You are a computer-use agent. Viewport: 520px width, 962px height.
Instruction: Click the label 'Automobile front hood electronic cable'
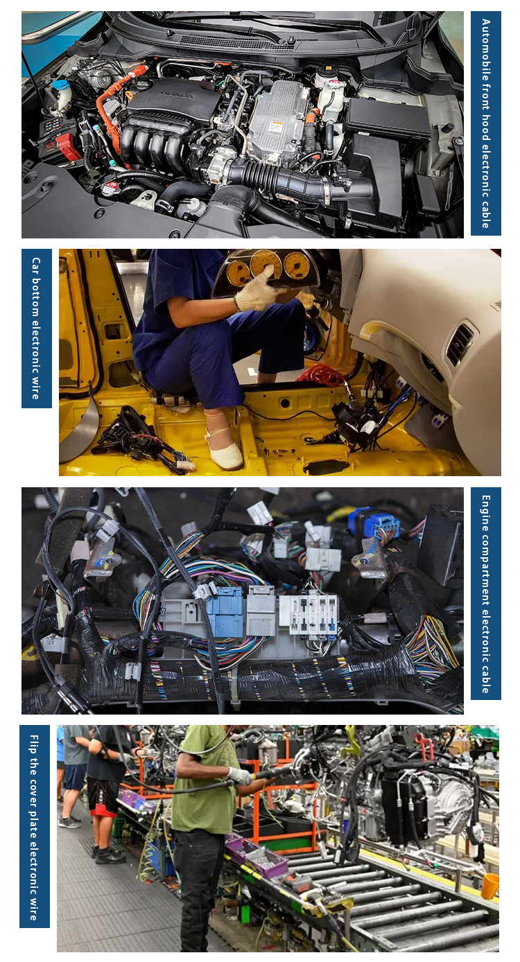point(485,123)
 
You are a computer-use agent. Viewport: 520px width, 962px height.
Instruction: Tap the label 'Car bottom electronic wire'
point(36,328)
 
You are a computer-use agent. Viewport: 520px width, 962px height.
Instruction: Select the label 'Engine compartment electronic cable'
point(485,594)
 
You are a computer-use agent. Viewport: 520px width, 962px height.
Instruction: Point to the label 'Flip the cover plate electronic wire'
point(34,827)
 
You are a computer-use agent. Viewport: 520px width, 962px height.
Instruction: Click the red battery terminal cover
point(67,146)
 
